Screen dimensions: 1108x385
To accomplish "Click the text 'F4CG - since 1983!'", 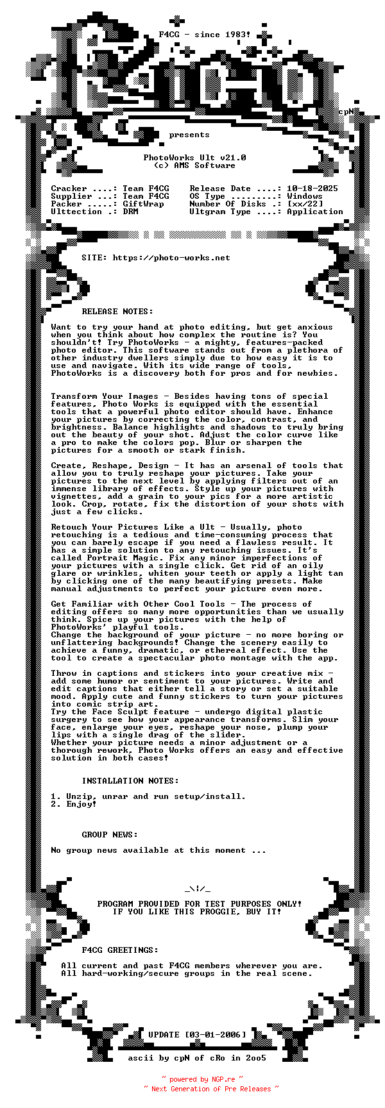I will pos(205,35).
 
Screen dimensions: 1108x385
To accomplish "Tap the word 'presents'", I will pos(189,135).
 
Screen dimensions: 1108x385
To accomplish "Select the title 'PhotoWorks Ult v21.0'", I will pos(194,158).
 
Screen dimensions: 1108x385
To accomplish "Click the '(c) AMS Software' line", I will pos(194,165).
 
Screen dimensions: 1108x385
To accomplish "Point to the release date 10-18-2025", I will pos(312,189).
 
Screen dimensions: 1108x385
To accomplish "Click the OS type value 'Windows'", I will pos(305,196).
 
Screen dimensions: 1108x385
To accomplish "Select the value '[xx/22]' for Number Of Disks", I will pos(305,204).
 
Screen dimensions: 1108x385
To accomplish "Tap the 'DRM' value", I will pos(130,212).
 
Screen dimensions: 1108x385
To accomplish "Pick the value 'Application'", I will pos(315,212).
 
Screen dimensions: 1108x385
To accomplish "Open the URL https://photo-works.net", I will pos(171,258).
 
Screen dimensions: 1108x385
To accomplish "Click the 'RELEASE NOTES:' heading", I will pos(117,312).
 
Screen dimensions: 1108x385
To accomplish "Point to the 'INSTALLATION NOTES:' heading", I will pos(130,781).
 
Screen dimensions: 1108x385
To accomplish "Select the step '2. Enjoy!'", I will pos(74,804).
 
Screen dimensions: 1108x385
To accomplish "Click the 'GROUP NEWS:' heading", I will pos(110,835).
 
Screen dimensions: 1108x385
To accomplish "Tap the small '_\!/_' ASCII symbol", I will pos(197,889).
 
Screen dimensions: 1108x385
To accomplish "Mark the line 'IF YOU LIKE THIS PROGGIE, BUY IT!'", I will pos(197,912).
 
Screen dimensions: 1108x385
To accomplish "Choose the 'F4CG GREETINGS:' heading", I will pos(120,950).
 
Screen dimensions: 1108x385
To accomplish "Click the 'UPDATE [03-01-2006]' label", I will pos(197,1035).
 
